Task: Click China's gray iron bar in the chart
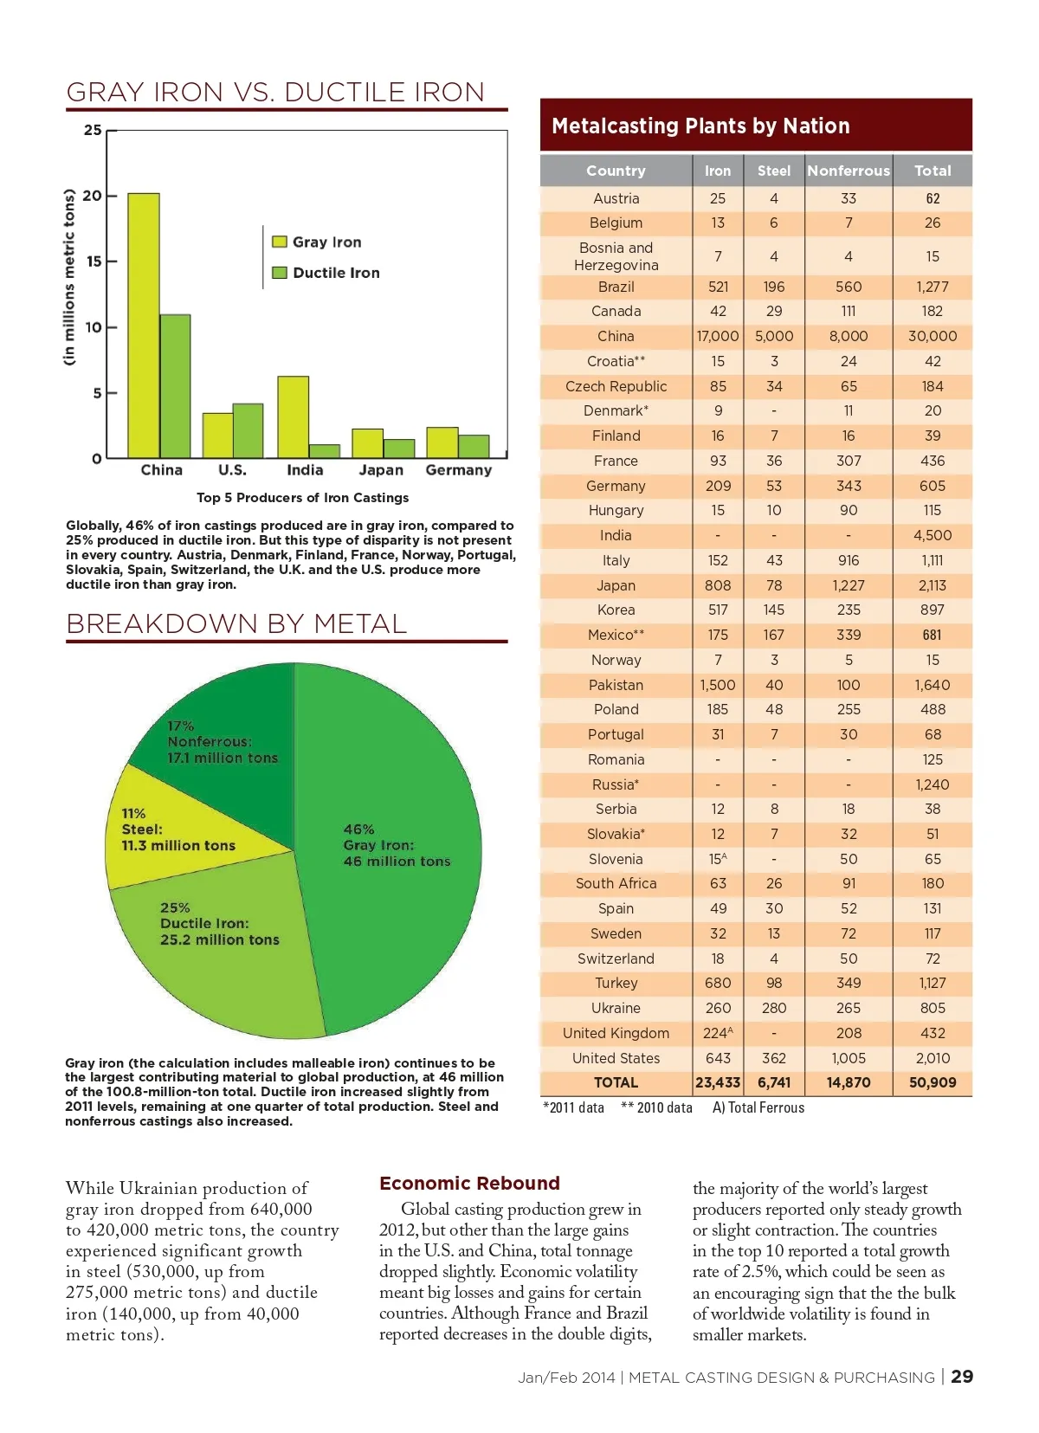(x=144, y=325)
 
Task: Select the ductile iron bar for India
(x=325, y=451)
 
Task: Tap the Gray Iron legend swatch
(x=280, y=242)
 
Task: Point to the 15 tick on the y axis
(x=93, y=261)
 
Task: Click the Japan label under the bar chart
(x=381, y=470)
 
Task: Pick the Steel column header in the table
(x=773, y=171)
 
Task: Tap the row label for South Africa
(x=616, y=883)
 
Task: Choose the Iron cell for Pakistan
(x=718, y=685)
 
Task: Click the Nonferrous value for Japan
(x=849, y=585)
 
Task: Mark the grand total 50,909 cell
(x=933, y=1082)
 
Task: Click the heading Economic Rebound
(x=469, y=1183)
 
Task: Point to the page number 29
(x=962, y=1377)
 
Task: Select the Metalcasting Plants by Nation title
(x=700, y=126)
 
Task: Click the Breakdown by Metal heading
(x=236, y=623)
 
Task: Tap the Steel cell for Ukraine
(x=773, y=1008)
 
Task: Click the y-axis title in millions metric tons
(x=69, y=277)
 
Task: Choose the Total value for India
(x=933, y=535)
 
